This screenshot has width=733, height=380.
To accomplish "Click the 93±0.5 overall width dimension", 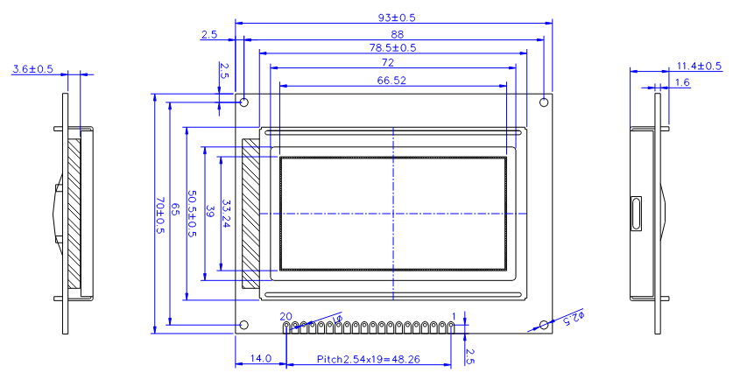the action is [x=397, y=18].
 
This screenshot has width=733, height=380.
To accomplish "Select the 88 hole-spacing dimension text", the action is [x=397, y=35].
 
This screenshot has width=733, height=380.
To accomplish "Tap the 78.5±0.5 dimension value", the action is [x=392, y=47].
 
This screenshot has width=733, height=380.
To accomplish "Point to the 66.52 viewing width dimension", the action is [x=391, y=81].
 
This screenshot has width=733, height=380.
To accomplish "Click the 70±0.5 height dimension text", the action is [x=160, y=215].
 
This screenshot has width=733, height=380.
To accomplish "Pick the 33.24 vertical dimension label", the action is [x=226, y=214].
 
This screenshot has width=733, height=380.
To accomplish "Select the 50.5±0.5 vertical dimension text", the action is [x=192, y=213].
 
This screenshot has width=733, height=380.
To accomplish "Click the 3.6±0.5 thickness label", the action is [x=32, y=69].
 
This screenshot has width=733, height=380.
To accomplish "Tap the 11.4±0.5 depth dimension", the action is [x=699, y=66].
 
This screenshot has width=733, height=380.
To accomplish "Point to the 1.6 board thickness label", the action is [x=682, y=82].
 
